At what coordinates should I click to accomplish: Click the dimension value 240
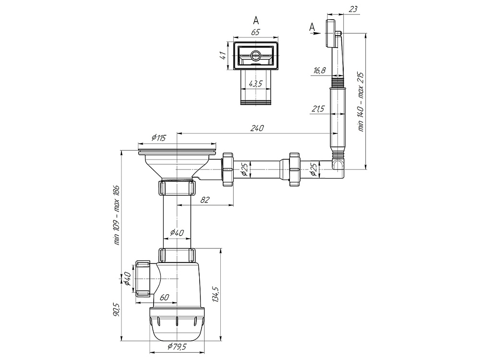257,128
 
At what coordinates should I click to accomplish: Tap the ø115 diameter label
158,138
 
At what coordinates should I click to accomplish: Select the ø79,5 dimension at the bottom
177,347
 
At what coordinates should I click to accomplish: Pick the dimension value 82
205,200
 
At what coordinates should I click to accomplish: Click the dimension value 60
165,297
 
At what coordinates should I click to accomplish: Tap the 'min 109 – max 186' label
117,215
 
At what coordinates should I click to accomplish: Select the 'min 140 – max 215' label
361,102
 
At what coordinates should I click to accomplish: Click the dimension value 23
353,9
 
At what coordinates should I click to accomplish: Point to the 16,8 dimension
319,71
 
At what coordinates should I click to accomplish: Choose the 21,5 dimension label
318,109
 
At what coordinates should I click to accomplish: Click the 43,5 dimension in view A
256,84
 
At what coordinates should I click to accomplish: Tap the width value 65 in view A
255,32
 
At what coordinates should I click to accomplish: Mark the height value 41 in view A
223,56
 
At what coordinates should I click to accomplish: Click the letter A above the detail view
256,21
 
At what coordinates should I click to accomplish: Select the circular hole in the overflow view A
255,56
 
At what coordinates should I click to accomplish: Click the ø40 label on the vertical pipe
177,233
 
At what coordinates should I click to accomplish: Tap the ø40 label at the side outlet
128,278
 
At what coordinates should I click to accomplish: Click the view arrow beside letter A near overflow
315,34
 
